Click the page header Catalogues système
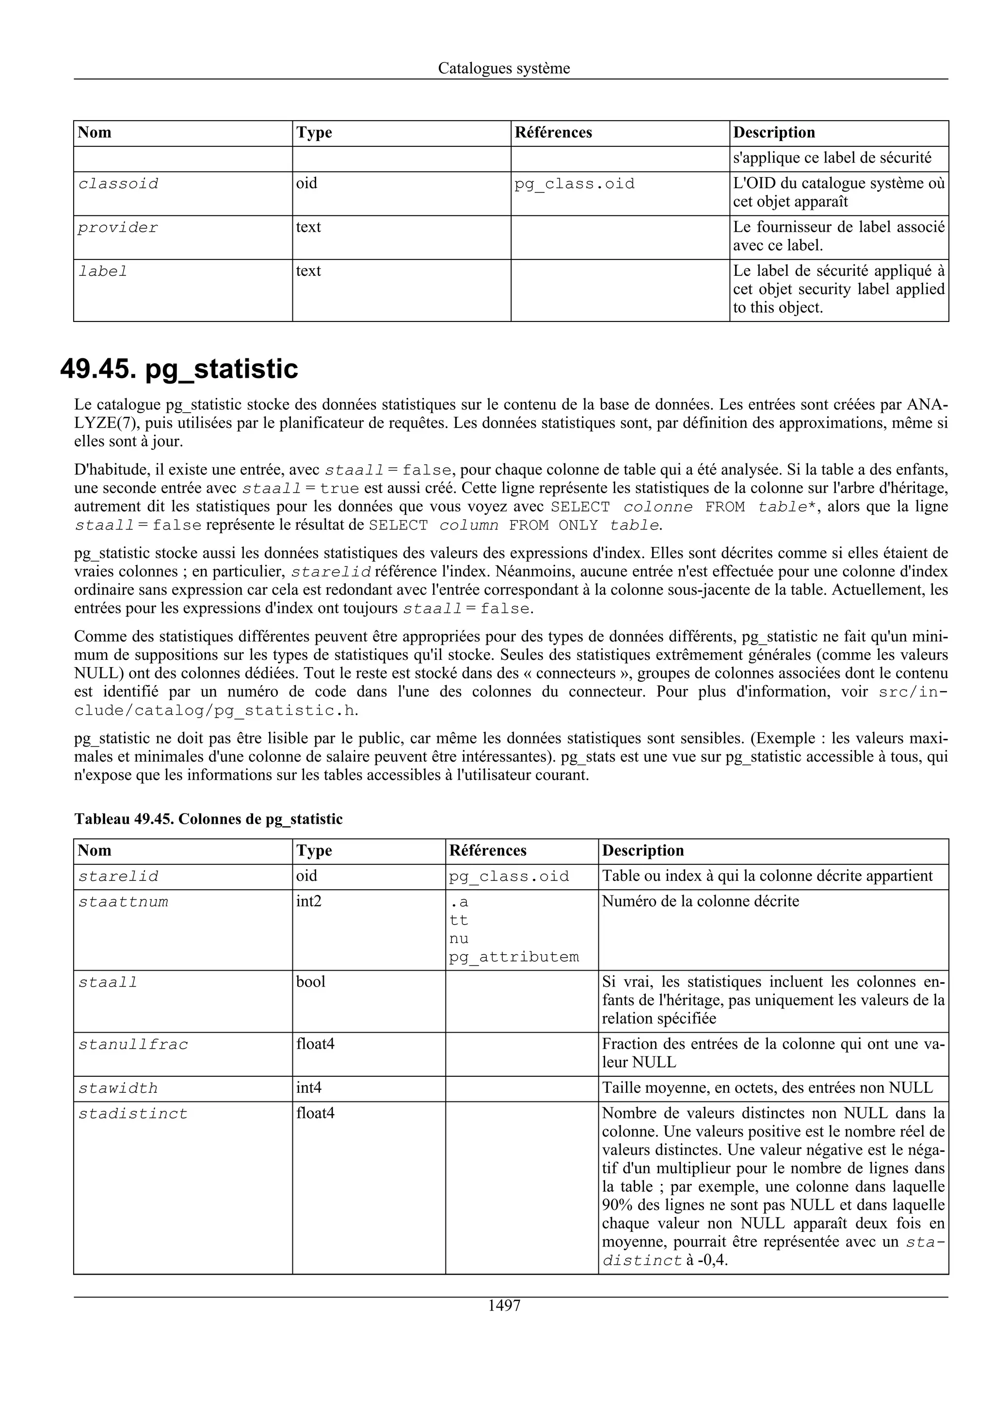[x=504, y=68]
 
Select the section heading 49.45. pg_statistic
[x=179, y=369]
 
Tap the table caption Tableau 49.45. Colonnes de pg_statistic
[x=208, y=819]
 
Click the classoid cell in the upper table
[x=118, y=184]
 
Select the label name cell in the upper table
[x=103, y=271]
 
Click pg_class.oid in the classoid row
[x=574, y=184]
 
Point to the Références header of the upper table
[x=553, y=133]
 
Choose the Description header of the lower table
[x=642, y=850]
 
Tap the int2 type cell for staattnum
[x=308, y=901]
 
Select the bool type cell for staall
[x=310, y=982]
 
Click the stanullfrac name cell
[x=133, y=1045]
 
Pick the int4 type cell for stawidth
[x=308, y=1088]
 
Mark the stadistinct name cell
[x=133, y=1114]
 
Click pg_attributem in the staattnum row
[x=513, y=957]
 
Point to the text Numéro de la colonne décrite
[x=700, y=901]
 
